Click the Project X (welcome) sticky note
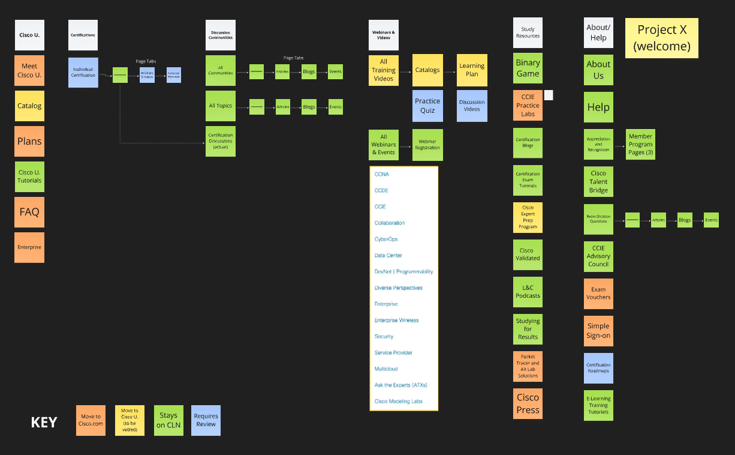(661, 38)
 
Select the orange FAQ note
(29, 212)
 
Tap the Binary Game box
(528, 68)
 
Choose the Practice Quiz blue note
(427, 106)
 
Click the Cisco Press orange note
(528, 403)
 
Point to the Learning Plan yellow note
(472, 70)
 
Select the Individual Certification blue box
(83, 73)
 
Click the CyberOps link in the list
(386, 239)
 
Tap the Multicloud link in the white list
(386, 369)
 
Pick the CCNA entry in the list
(382, 174)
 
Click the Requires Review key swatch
(206, 420)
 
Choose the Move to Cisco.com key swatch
(91, 420)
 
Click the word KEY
(44, 423)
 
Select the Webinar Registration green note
(427, 145)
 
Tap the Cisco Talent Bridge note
(598, 182)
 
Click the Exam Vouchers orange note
(598, 293)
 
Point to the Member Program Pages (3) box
(640, 145)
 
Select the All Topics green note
(221, 106)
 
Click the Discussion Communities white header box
(221, 35)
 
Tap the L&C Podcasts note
(528, 292)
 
